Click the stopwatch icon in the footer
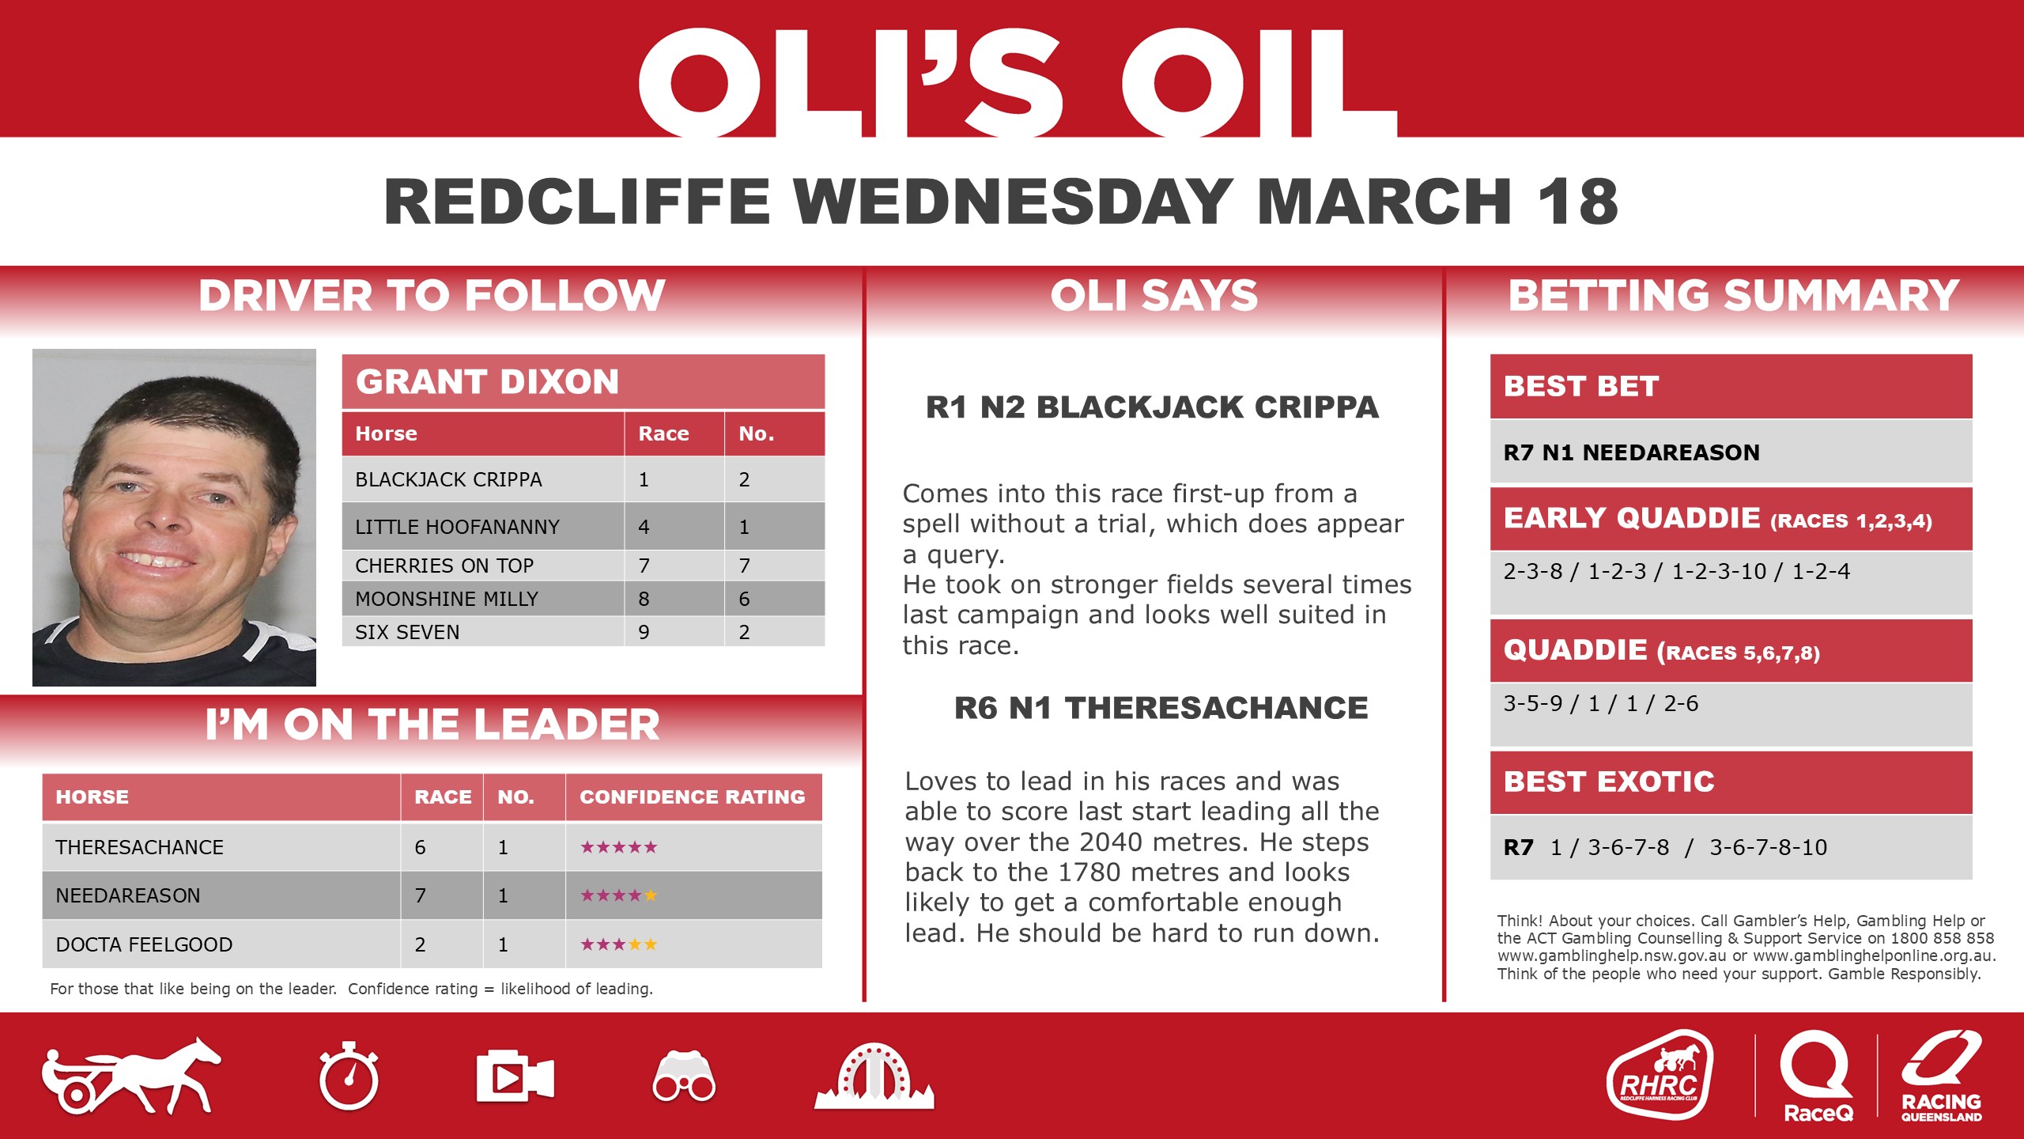(349, 1077)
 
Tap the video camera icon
(515, 1077)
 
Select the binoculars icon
(684, 1077)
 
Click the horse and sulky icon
(131, 1077)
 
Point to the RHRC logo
(1660, 1076)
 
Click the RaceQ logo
(1818, 1076)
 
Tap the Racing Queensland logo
(1942, 1076)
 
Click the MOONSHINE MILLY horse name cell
(447, 599)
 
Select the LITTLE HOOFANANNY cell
(457, 527)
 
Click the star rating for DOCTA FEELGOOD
(618, 944)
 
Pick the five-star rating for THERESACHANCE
(618, 847)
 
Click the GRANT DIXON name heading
(487, 382)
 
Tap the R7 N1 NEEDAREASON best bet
(1631, 452)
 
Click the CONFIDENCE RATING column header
(692, 797)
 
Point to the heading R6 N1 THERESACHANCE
(1161, 708)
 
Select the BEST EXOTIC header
(1609, 782)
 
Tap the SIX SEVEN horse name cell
(407, 632)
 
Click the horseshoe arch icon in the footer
(874, 1077)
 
